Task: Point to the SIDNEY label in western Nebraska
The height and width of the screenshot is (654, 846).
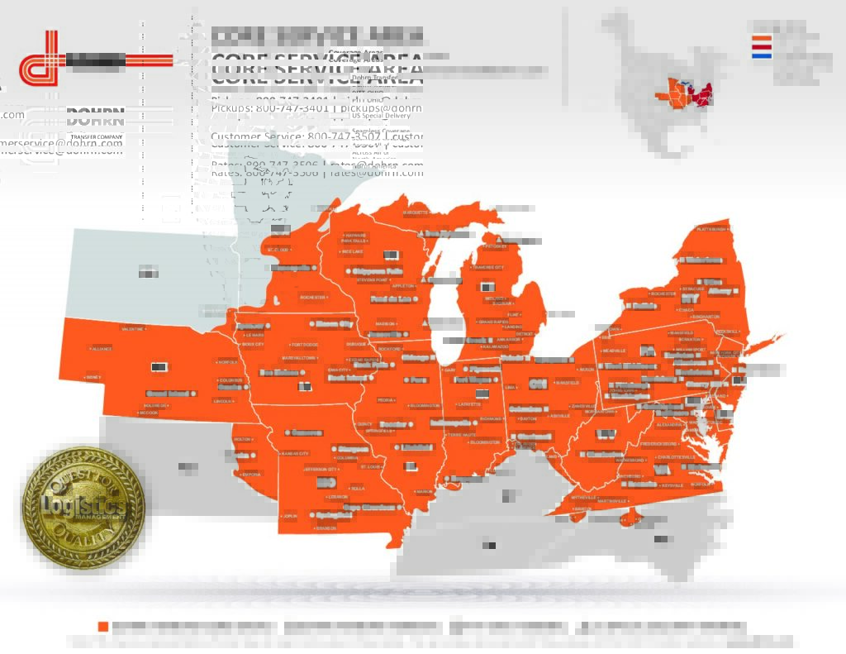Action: (93, 377)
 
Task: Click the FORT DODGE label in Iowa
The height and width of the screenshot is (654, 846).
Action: (304, 344)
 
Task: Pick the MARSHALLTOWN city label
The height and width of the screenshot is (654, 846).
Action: (299, 358)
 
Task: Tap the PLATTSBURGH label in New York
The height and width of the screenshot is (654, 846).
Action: (711, 229)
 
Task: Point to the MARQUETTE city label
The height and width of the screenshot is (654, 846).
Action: (416, 212)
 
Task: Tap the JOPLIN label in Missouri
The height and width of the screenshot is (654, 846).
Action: (288, 516)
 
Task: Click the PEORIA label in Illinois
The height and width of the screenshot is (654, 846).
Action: (386, 400)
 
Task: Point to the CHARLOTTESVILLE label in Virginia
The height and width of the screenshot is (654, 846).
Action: (676, 456)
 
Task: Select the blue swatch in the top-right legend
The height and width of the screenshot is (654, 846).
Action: (761, 55)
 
